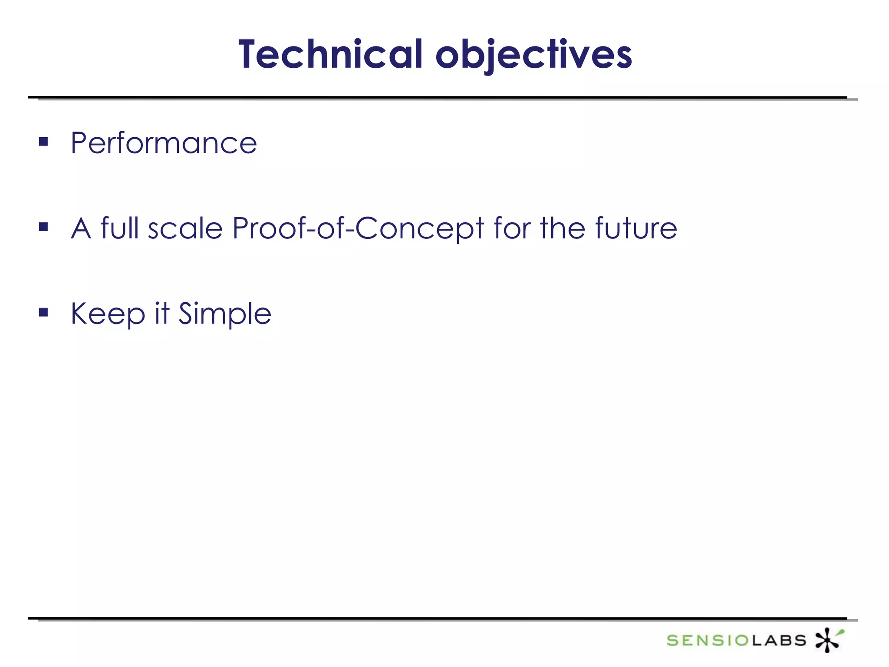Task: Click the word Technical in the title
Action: pos(330,54)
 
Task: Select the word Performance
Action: pos(164,143)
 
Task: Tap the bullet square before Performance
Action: pos(43,142)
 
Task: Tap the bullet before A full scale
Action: pos(43,227)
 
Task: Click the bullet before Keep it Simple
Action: pos(43,312)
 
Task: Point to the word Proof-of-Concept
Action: pos(358,228)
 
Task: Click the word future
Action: pos(635,228)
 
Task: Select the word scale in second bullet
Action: pos(185,228)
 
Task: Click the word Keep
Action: pos(108,314)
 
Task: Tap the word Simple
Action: pos(225,314)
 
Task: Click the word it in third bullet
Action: pos(162,313)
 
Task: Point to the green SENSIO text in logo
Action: pos(708,641)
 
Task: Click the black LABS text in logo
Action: pos(779,641)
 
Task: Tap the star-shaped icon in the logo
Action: pos(827,641)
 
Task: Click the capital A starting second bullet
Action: pos(81,228)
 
